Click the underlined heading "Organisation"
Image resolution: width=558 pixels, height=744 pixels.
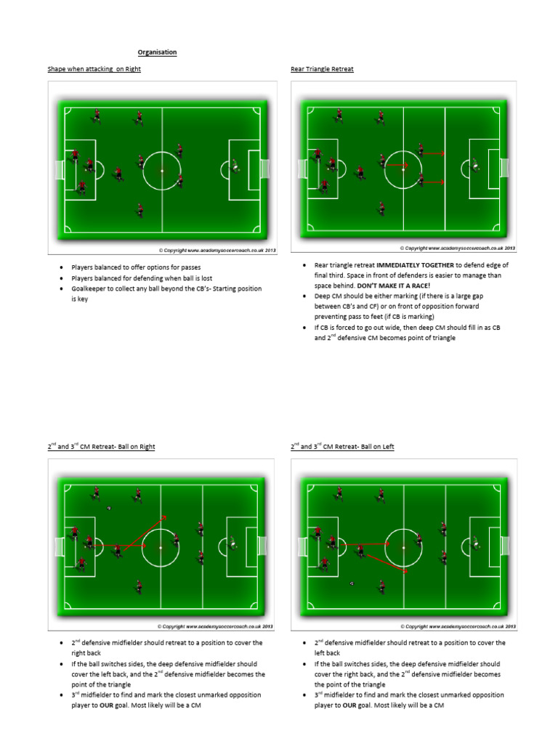(158, 52)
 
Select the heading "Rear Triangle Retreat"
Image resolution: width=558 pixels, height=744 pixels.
(322, 69)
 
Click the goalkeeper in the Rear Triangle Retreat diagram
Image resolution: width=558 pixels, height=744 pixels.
(475, 164)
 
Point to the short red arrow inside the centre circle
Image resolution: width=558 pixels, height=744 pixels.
(397, 165)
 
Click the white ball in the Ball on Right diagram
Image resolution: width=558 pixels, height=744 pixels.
(109, 508)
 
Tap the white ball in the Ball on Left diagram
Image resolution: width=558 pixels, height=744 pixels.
(352, 583)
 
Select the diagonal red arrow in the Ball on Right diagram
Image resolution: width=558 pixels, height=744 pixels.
(145, 530)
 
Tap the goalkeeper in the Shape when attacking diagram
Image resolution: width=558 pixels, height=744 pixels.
(235, 169)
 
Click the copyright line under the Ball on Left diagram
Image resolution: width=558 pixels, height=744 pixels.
(457, 626)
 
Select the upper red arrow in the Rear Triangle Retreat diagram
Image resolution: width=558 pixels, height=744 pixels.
(434, 153)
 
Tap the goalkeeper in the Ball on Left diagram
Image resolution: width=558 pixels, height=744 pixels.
(474, 542)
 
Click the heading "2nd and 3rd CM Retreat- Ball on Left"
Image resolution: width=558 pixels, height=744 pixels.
(342, 447)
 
